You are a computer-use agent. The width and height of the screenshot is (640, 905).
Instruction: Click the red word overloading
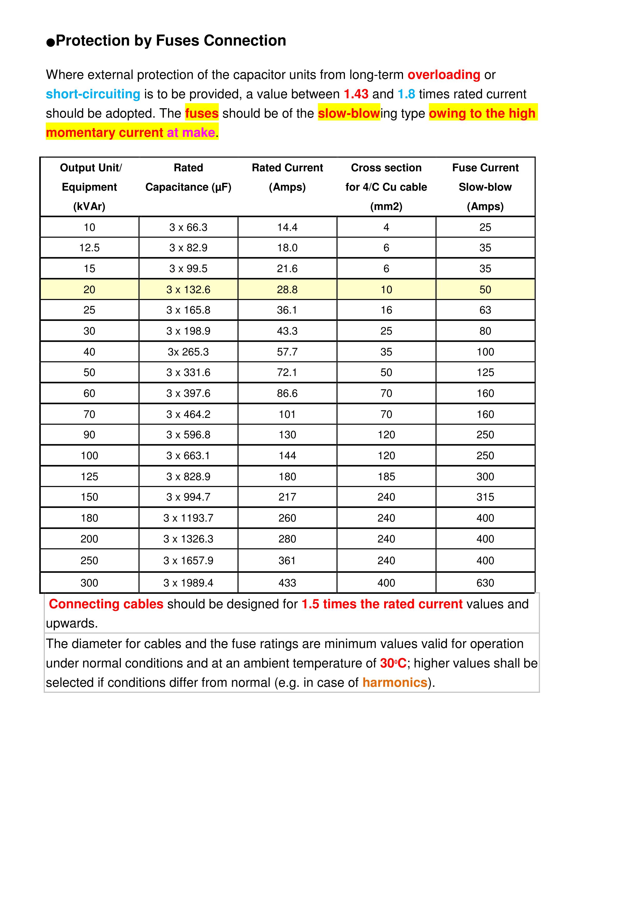click(444, 75)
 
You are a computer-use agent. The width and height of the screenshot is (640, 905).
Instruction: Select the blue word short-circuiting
click(93, 94)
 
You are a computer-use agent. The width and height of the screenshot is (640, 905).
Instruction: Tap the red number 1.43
click(356, 94)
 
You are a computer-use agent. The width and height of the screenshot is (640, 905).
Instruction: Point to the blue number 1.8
click(406, 94)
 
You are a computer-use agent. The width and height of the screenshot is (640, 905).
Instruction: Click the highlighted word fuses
click(202, 113)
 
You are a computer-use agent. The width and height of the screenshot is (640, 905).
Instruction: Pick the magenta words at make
click(191, 132)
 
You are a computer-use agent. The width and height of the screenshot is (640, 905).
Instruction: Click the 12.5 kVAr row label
click(90, 248)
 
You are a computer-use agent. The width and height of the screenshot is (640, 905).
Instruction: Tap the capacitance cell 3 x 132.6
click(188, 290)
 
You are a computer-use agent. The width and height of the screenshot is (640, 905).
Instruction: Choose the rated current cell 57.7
click(287, 352)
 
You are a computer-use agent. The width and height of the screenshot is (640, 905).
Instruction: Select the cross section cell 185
click(386, 476)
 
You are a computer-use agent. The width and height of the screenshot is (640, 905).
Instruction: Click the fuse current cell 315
click(485, 497)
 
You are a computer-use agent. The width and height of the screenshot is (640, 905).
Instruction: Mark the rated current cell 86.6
click(287, 393)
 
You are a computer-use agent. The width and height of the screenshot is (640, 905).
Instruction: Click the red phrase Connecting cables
click(106, 604)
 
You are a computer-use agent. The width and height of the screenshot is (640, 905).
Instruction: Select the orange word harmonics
click(395, 682)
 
